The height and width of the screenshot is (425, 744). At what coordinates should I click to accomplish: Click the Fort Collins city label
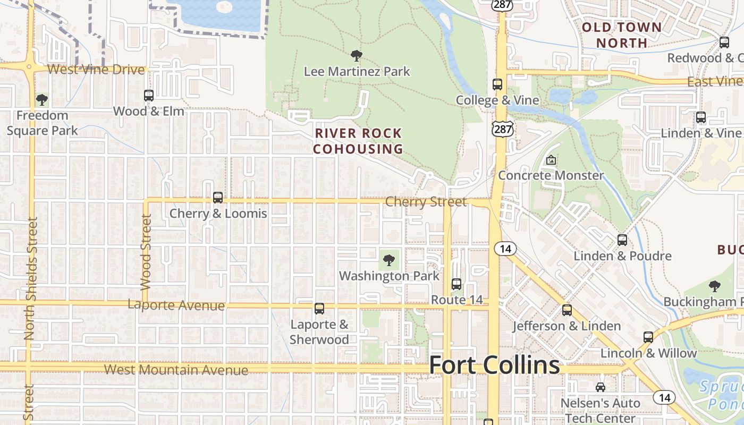point(494,365)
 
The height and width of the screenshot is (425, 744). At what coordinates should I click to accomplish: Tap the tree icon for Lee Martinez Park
point(357,55)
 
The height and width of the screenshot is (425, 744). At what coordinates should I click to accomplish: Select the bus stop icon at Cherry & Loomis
point(218,198)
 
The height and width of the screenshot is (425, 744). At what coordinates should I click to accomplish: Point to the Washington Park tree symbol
point(389,260)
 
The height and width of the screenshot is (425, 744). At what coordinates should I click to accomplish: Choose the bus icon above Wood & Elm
point(149,96)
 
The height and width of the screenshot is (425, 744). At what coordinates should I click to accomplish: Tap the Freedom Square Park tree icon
point(42,99)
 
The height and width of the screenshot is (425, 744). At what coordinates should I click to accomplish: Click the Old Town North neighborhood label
point(622,35)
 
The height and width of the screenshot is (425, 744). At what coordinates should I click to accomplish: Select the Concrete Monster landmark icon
point(551,159)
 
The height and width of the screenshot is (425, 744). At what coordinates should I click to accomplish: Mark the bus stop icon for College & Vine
point(497,84)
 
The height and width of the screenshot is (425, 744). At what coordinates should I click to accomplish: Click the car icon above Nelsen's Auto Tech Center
point(601,387)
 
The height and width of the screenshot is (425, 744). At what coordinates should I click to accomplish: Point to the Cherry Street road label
point(426,202)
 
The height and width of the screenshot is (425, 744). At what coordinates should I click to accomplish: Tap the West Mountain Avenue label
point(176,370)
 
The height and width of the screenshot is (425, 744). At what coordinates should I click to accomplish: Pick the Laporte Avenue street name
point(176,305)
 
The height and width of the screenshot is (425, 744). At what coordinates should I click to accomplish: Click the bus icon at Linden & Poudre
point(622,240)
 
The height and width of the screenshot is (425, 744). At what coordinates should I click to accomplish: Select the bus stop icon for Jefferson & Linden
point(567,310)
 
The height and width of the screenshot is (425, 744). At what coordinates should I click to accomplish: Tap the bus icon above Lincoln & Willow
point(648,337)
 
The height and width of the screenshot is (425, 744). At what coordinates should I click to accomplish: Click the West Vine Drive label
point(96,70)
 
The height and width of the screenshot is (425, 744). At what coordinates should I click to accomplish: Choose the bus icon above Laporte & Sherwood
point(319,309)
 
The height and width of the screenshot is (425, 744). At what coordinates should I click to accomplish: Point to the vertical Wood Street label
point(146,252)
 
